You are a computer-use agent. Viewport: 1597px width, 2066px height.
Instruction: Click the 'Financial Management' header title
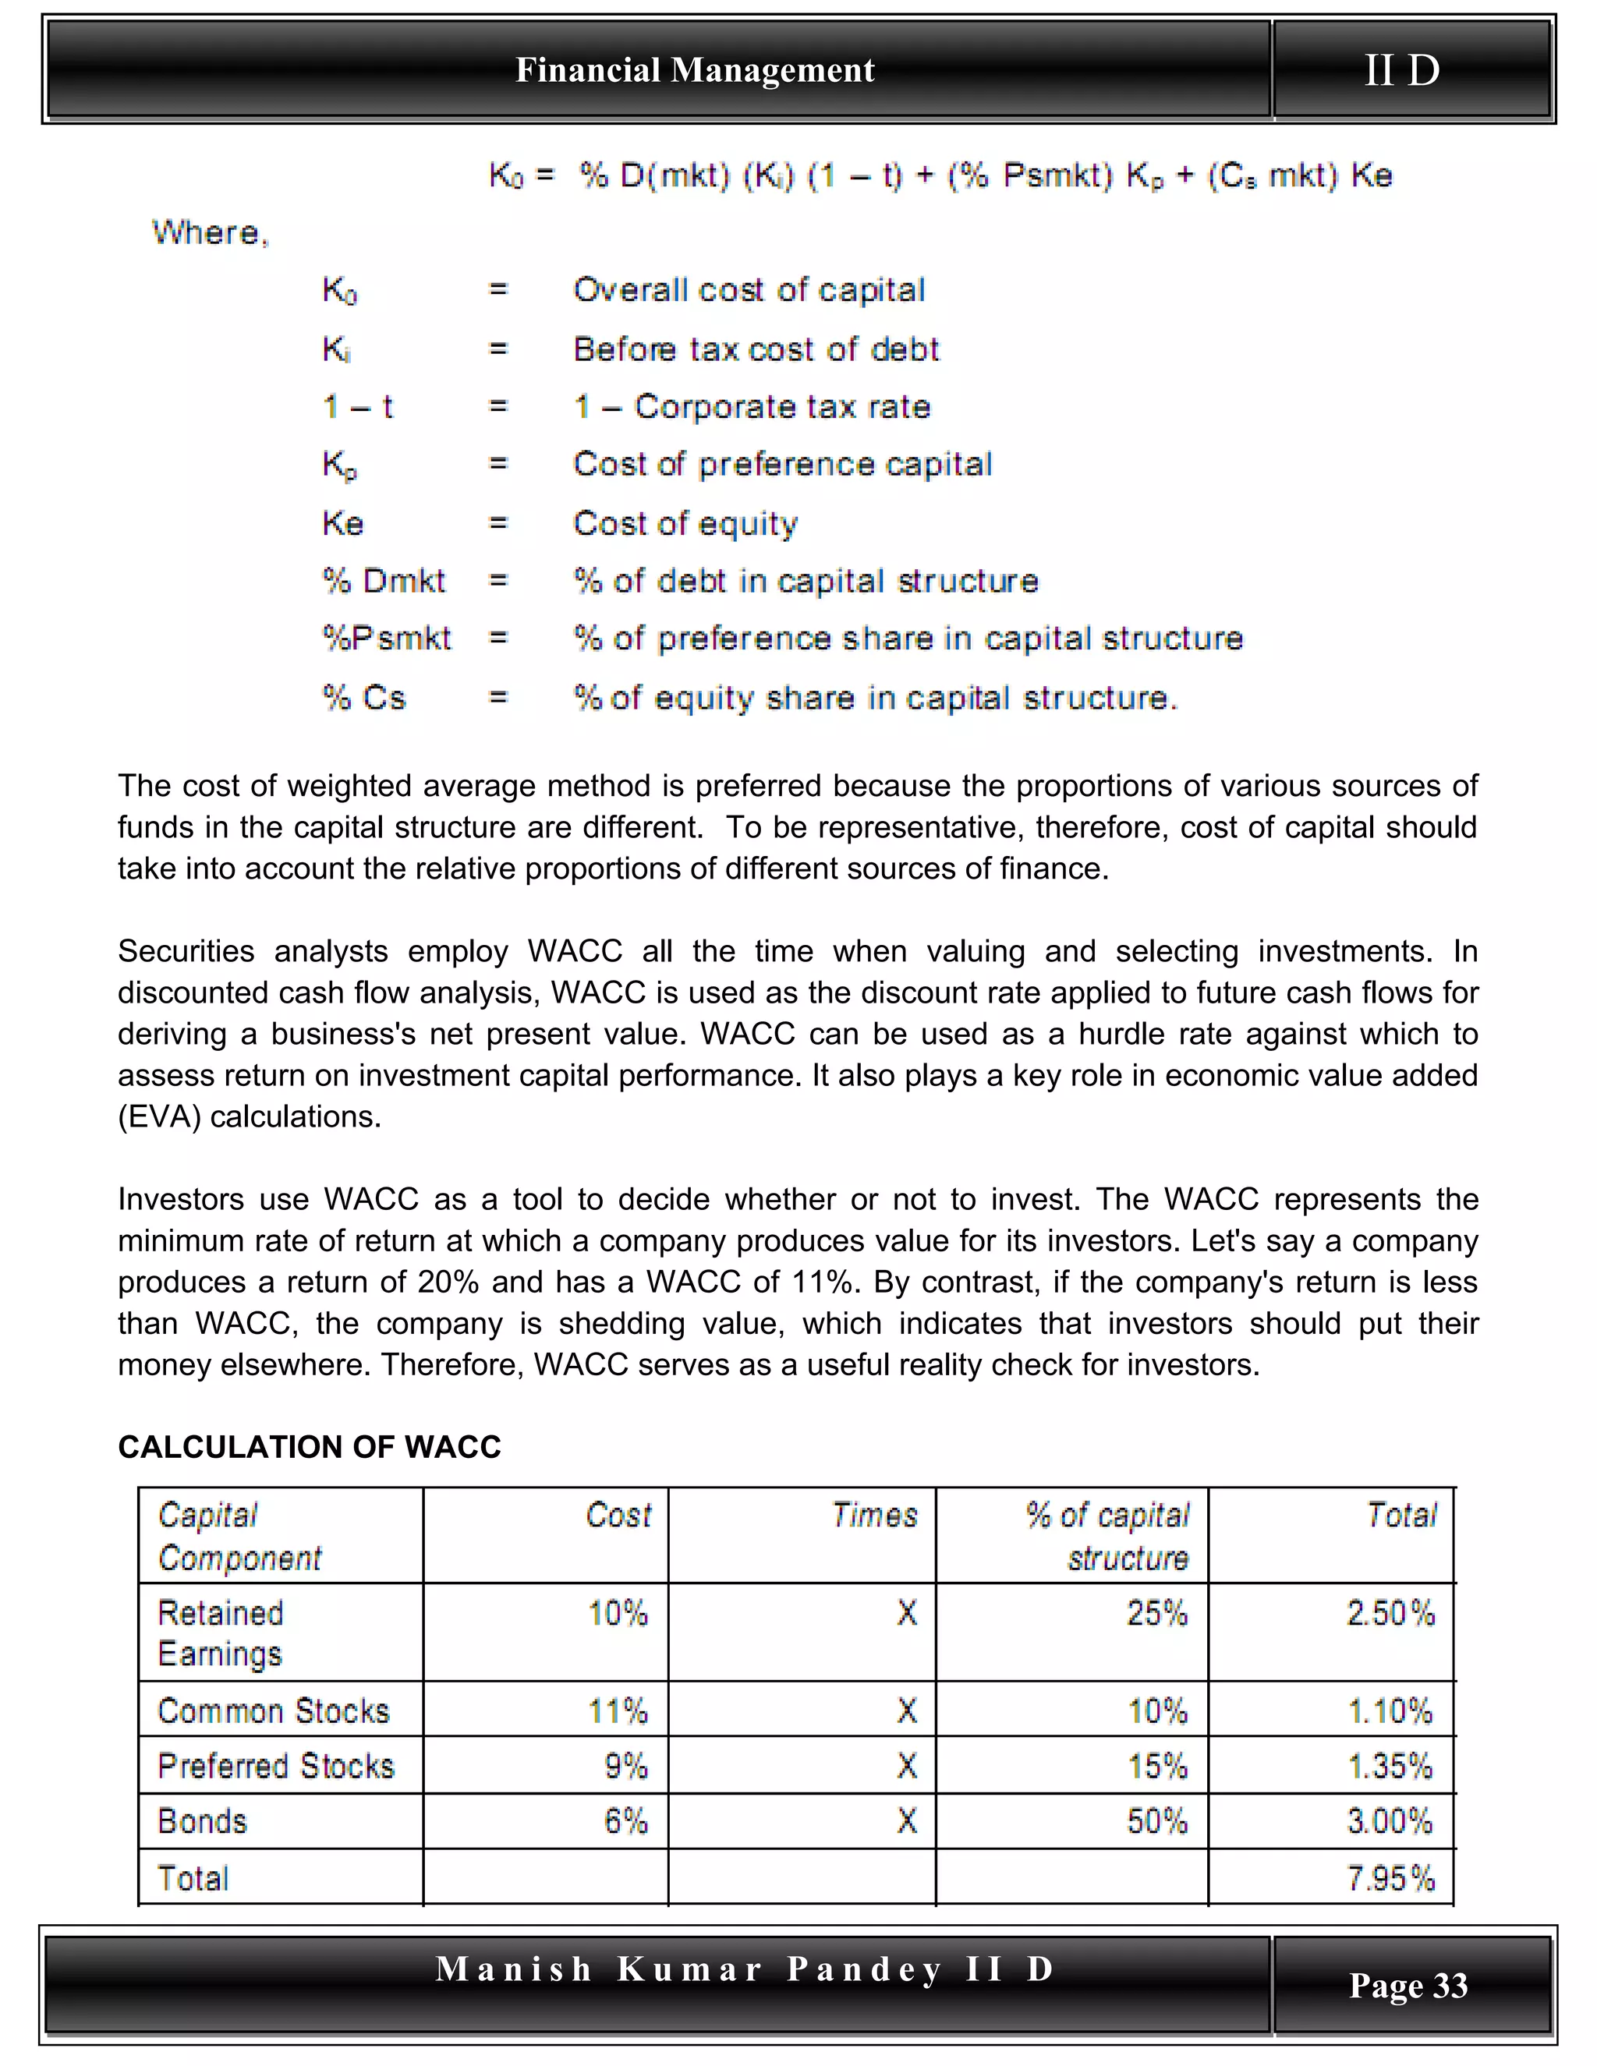tap(695, 71)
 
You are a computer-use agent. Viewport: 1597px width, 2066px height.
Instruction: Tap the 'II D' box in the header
tap(1401, 71)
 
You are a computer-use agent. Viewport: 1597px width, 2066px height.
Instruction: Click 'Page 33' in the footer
tap(1408, 1985)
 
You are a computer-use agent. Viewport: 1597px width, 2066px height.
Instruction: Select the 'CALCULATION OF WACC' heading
tap(310, 1446)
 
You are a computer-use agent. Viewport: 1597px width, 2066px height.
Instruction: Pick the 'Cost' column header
tap(618, 1516)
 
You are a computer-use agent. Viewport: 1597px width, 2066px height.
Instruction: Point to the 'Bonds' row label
tap(203, 1821)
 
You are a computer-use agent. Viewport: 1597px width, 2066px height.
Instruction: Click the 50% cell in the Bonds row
tap(1156, 1821)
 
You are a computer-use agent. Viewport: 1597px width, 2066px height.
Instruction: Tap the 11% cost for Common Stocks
tap(618, 1711)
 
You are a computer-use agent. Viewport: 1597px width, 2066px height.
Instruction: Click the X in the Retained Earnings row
tap(906, 1613)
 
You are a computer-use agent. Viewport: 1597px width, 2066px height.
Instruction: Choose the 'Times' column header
tap(874, 1516)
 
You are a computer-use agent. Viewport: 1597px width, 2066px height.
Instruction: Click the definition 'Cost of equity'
tap(685, 523)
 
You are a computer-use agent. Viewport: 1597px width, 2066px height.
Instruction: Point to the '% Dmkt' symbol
tap(383, 581)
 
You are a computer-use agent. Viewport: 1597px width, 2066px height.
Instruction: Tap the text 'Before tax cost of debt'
tap(756, 349)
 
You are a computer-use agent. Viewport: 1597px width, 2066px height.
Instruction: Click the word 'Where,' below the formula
tap(210, 232)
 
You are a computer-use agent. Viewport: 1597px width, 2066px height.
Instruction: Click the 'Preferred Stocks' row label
tap(275, 1766)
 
